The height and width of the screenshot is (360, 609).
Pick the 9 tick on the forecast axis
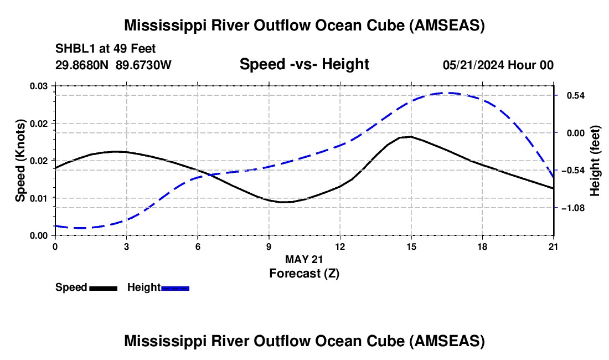pos(269,246)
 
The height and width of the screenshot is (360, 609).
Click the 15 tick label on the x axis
pos(411,246)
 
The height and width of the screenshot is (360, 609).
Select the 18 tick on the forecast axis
pos(482,246)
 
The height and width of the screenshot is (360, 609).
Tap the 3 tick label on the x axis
pos(126,246)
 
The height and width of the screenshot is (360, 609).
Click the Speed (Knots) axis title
pos(20,161)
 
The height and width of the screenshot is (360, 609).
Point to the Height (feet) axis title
pos(595,161)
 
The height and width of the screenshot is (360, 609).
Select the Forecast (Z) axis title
pos(304,273)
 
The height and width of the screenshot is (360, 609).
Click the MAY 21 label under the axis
pos(304,259)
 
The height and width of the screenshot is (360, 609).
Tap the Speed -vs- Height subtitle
pos(304,65)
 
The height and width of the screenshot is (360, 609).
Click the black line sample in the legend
pos(103,287)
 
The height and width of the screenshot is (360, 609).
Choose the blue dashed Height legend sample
pos(175,287)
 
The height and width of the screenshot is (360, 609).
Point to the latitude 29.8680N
pos(83,65)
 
